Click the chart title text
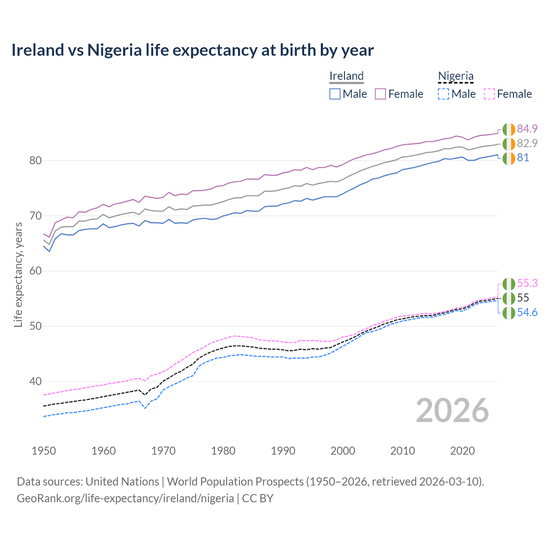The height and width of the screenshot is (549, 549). pos(193,50)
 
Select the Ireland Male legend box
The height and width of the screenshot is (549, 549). pos(335,94)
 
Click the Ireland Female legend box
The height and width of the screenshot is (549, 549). pos(380,94)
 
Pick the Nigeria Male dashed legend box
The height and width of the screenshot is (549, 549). pos(443,94)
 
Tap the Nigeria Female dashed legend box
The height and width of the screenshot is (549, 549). pos(489,94)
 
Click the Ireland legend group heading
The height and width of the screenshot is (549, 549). pos(347,76)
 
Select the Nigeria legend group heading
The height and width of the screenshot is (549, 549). pos(455,76)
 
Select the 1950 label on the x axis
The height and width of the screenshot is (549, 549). pos(44,451)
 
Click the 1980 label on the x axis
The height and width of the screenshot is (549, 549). pos(223,451)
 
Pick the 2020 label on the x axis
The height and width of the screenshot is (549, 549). pos(462,451)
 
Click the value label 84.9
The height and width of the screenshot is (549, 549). pos(527,129)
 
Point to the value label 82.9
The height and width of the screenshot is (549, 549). pos(527,143)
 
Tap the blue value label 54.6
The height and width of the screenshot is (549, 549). pos(527,313)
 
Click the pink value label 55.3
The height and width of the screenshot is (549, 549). pos(527,284)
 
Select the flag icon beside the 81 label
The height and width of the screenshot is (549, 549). pos(509,158)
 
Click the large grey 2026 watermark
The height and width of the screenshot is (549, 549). pos(452,410)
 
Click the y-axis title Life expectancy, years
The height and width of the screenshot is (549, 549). pos(18,274)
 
